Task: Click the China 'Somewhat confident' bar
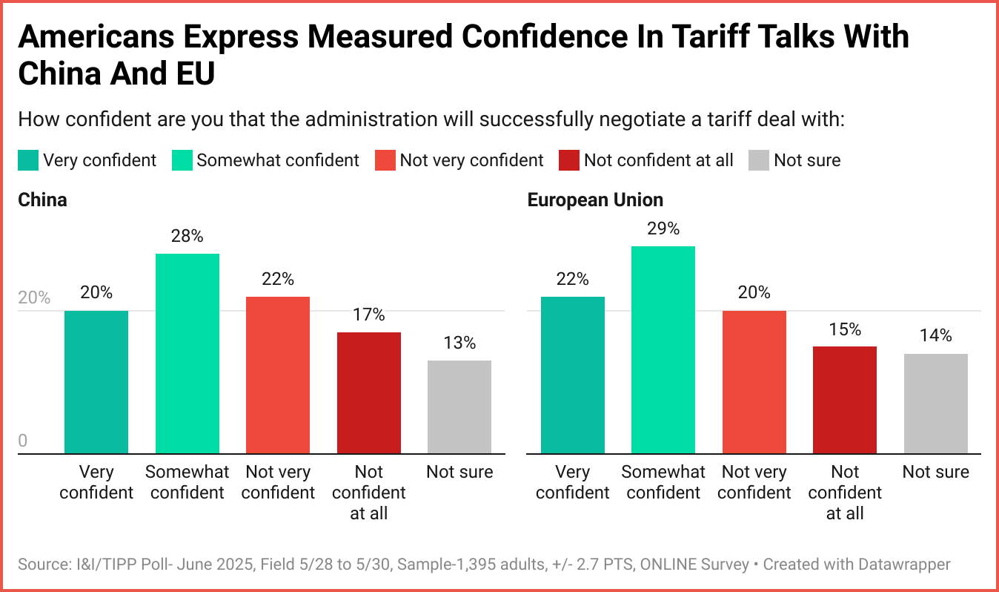click(187, 353)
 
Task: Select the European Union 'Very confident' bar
click(573, 375)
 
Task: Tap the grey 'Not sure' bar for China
click(459, 407)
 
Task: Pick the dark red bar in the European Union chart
click(845, 400)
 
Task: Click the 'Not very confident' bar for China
click(278, 375)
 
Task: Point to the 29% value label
click(663, 228)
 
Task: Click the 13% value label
click(459, 343)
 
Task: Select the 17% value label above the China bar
click(369, 315)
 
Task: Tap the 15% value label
click(845, 329)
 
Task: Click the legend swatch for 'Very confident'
click(28, 160)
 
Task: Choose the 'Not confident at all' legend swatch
click(569, 160)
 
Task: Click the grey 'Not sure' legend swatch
click(759, 160)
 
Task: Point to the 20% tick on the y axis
click(34, 298)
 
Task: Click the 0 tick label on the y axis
click(22, 441)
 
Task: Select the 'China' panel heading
click(42, 200)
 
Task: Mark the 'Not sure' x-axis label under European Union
click(935, 473)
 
